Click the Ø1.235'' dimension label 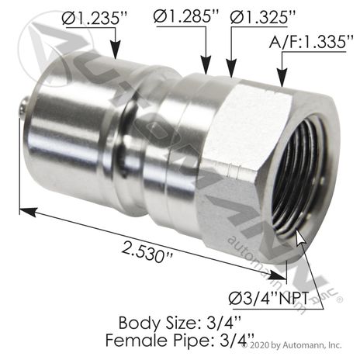coord(95,18)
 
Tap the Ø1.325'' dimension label coord(262,17)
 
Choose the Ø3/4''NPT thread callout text coord(268,299)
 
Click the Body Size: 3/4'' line coord(180,324)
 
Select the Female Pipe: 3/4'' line coord(180,341)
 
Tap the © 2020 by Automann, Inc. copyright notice coord(292,345)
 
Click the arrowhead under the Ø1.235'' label coord(116,49)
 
